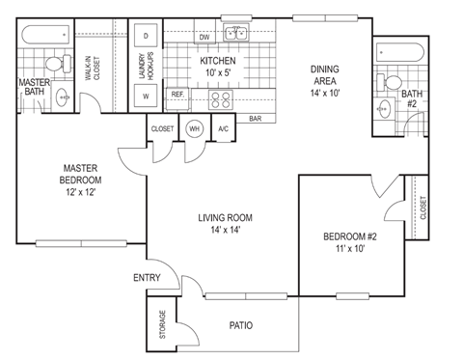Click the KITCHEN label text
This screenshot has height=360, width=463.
coord(219,61)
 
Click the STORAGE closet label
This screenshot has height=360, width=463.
coord(160,324)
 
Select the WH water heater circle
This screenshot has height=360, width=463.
coord(194,128)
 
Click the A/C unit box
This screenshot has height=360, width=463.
coord(223,128)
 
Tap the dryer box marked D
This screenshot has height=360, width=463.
coord(146,36)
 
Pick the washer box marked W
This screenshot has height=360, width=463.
coord(146,97)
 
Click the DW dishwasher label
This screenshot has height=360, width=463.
coord(204,37)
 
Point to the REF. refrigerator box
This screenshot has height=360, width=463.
coord(177,95)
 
